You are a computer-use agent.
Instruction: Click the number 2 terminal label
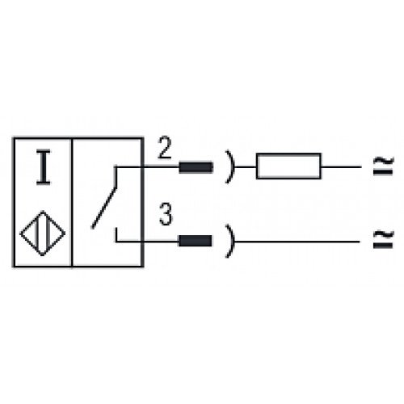(x=165, y=148)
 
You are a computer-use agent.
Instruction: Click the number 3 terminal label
(x=166, y=214)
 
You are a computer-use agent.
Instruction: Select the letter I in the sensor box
(x=44, y=167)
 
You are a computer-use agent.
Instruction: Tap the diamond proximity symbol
(x=43, y=234)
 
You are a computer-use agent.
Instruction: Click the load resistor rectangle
(x=288, y=166)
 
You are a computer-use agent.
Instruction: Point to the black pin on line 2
(x=196, y=167)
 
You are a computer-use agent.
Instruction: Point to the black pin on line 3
(x=196, y=241)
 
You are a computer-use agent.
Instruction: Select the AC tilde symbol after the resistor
(x=384, y=166)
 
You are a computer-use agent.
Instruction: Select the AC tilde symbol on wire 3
(x=384, y=239)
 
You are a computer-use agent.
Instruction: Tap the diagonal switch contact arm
(x=104, y=208)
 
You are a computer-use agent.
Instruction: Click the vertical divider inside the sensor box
(x=72, y=203)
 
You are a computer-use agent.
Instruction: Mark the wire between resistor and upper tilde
(x=341, y=167)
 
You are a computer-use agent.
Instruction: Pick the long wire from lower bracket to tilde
(x=297, y=242)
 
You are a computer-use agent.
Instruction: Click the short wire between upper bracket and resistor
(x=246, y=167)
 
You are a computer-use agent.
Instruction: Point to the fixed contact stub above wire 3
(x=116, y=234)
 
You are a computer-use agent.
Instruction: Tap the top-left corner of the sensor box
(x=14, y=138)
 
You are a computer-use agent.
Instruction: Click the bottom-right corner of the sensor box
(x=142, y=267)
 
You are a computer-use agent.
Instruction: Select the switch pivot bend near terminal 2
(x=116, y=167)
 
